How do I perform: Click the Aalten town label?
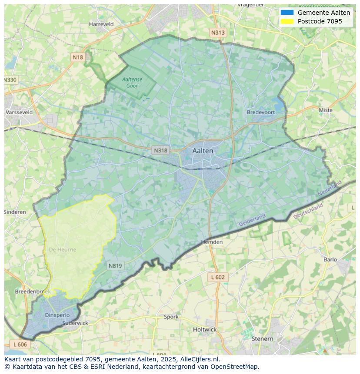pyautogui.click(x=203, y=151)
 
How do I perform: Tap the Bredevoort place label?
pyautogui.click(x=261, y=112)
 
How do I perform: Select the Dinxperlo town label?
pyautogui.click(x=57, y=315)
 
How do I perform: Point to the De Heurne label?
pyautogui.click(x=62, y=250)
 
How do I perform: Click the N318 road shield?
pyautogui.click(x=160, y=150)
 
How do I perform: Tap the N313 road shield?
pyautogui.click(x=218, y=33)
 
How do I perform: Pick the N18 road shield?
pyautogui.click(x=78, y=57)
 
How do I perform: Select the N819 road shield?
pyautogui.click(x=115, y=266)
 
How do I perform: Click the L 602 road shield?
pyautogui.click(x=217, y=277)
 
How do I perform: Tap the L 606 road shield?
pyautogui.click(x=20, y=344)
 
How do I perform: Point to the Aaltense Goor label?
pyautogui.click(x=132, y=83)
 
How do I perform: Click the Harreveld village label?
pyautogui.click(x=101, y=24)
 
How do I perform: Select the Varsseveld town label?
pyautogui.click(x=19, y=112)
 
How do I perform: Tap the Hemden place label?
pyautogui.click(x=212, y=242)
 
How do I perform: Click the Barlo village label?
pyautogui.click(x=330, y=260)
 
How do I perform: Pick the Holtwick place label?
pyautogui.click(x=204, y=330)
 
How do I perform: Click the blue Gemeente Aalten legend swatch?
pyautogui.click(x=287, y=13)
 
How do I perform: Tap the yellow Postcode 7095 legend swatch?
pyautogui.click(x=287, y=21)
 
